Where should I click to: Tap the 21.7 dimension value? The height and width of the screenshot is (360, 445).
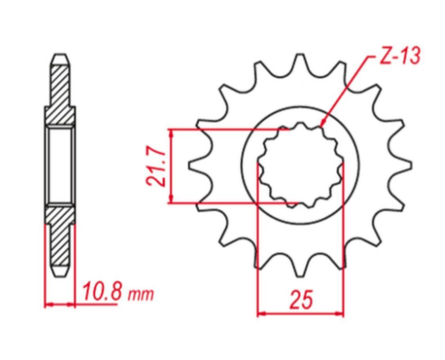(x=159, y=166)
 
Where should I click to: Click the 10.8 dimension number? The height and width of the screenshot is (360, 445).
(x=100, y=294)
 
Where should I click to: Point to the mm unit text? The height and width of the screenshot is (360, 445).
(x=140, y=296)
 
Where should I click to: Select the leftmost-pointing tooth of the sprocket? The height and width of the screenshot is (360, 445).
(x=194, y=167)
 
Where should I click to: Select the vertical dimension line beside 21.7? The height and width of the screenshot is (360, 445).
(x=173, y=166)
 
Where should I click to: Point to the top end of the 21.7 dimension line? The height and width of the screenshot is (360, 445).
(x=173, y=131)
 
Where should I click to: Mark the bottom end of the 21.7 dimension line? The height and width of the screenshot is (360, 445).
(x=173, y=202)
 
